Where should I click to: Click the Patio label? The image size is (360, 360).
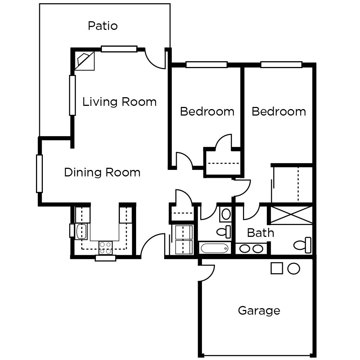point(103,26)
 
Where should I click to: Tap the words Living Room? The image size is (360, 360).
point(120,102)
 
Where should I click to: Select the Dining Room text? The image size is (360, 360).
point(102,172)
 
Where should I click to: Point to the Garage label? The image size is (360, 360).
point(259,310)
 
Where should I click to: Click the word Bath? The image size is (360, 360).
point(261,233)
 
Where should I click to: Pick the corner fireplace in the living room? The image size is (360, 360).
point(85,61)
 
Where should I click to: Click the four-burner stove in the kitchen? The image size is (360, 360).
point(106,248)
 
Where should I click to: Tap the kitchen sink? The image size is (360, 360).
point(81,231)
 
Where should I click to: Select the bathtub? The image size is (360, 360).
point(215,248)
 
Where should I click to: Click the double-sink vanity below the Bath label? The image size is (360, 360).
point(252,248)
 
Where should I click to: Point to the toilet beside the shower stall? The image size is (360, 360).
point(303,245)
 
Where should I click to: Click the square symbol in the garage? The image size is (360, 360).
point(276,268)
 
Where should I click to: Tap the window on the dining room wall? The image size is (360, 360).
point(39,174)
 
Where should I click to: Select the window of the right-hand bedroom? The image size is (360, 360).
point(281,65)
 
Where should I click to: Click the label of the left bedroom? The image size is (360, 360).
point(207,112)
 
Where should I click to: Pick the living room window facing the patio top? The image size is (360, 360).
point(119,49)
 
